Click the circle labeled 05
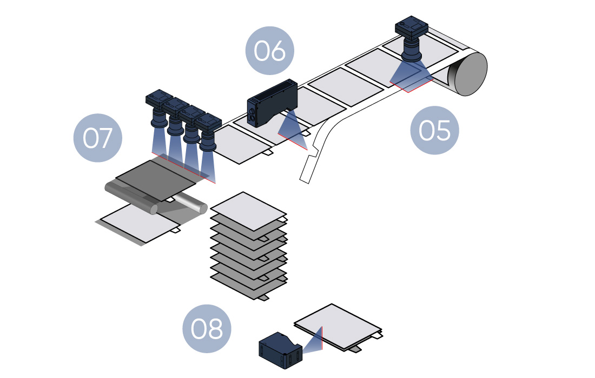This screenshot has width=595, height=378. [434, 130]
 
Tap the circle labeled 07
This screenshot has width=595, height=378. [97, 138]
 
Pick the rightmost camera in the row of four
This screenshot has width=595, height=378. [208, 132]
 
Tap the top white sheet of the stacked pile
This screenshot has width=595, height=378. [248, 208]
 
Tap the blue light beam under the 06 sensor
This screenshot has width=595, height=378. [292, 130]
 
